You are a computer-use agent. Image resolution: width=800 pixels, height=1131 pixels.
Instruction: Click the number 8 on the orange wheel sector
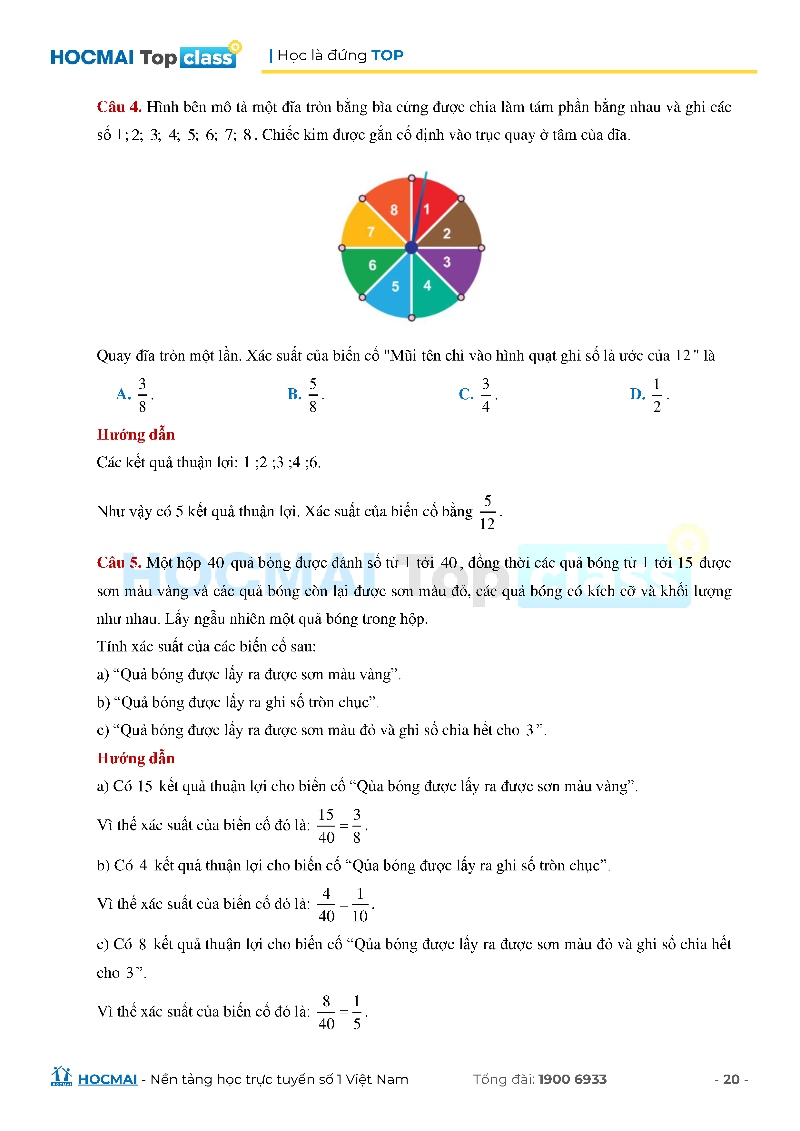tap(394, 210)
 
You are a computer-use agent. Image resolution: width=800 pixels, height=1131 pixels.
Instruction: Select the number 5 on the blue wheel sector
tap(395, 287)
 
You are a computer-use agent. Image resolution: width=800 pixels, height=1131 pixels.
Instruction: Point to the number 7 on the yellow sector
tap(371, 232)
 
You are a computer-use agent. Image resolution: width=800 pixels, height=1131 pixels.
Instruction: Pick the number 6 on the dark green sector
tap(372, 265)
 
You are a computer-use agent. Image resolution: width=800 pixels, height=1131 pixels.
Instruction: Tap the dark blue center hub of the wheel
tap(411, 248)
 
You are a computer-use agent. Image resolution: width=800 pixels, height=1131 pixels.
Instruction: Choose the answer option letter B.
tap(294, 394)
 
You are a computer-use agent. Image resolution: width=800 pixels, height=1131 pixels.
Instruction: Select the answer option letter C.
tap(466, 394)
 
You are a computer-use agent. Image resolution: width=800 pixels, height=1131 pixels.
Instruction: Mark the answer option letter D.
tap(637, 394)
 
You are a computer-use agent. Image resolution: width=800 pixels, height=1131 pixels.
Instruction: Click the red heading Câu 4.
tap(119, 107)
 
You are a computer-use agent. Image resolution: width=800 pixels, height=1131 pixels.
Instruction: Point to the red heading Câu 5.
tap(119, 562)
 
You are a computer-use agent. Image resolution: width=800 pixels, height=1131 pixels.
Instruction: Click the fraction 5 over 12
tap(487, 512)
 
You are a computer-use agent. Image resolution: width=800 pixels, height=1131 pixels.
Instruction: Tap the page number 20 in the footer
tap(731, 1079)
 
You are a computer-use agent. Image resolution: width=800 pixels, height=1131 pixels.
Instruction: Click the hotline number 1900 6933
tap(572, 1079)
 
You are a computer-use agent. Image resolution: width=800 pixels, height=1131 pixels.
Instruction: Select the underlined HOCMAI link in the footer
tap(107, 1079)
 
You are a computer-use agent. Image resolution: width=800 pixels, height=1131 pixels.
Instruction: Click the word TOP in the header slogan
tap(387, 55)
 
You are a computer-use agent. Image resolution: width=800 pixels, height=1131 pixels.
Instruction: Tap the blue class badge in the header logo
tap(207, 58)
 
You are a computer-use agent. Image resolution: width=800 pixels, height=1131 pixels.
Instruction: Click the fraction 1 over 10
tap(360, 905)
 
